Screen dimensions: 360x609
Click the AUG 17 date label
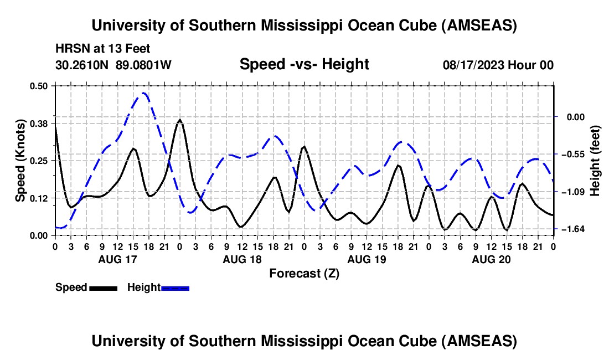tap(117, 259)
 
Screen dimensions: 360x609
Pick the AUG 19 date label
tap(367, 259)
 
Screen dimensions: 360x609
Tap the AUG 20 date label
tap(491, 259)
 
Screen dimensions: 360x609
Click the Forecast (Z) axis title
tap(304, 273)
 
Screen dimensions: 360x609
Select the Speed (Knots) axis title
tap(20, 160)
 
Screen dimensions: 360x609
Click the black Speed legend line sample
tap(103, 287)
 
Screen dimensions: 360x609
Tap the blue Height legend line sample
tap(176, 287)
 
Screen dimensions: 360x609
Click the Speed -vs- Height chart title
tap(304, 64)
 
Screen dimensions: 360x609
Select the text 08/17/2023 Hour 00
tap(498, 65)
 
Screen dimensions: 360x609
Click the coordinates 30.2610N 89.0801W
tap(113, 65)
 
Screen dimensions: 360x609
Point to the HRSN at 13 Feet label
tap(102, 49)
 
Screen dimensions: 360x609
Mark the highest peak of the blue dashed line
tap(144, 93)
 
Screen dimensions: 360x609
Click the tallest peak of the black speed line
tap(180, 120)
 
